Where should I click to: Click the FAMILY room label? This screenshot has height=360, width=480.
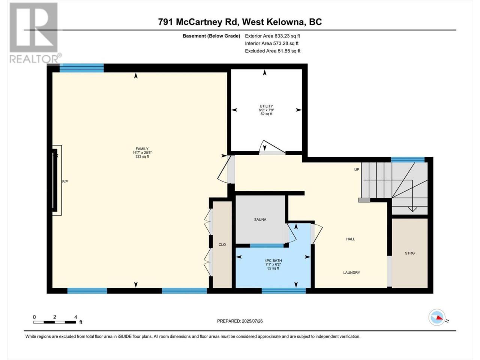[142, 148]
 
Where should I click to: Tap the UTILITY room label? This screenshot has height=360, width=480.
[266, 106]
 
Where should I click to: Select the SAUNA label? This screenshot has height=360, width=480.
[260, 219]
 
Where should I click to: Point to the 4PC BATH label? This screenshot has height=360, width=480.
[273, 261]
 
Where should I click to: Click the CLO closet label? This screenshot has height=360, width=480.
[222, 244]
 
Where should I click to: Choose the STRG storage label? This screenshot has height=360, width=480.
[409, 253]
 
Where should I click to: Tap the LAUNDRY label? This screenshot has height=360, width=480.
[351, 273]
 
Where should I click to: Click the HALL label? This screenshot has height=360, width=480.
[350, 239]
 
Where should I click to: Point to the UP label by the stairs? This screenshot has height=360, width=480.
[357, 169]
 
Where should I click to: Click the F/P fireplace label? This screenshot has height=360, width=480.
[65, 181]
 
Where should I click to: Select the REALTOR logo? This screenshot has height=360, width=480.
[35, 33]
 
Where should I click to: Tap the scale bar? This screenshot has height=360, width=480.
[55, 322]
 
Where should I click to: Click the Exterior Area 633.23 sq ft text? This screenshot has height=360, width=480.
[273, 36]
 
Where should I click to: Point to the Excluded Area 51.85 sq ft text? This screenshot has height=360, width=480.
[273, 51]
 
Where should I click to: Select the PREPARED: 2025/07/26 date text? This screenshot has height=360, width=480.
[240, 321]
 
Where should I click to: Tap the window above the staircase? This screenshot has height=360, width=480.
[408, 160]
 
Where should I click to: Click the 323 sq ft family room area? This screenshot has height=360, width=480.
[142, 156]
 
